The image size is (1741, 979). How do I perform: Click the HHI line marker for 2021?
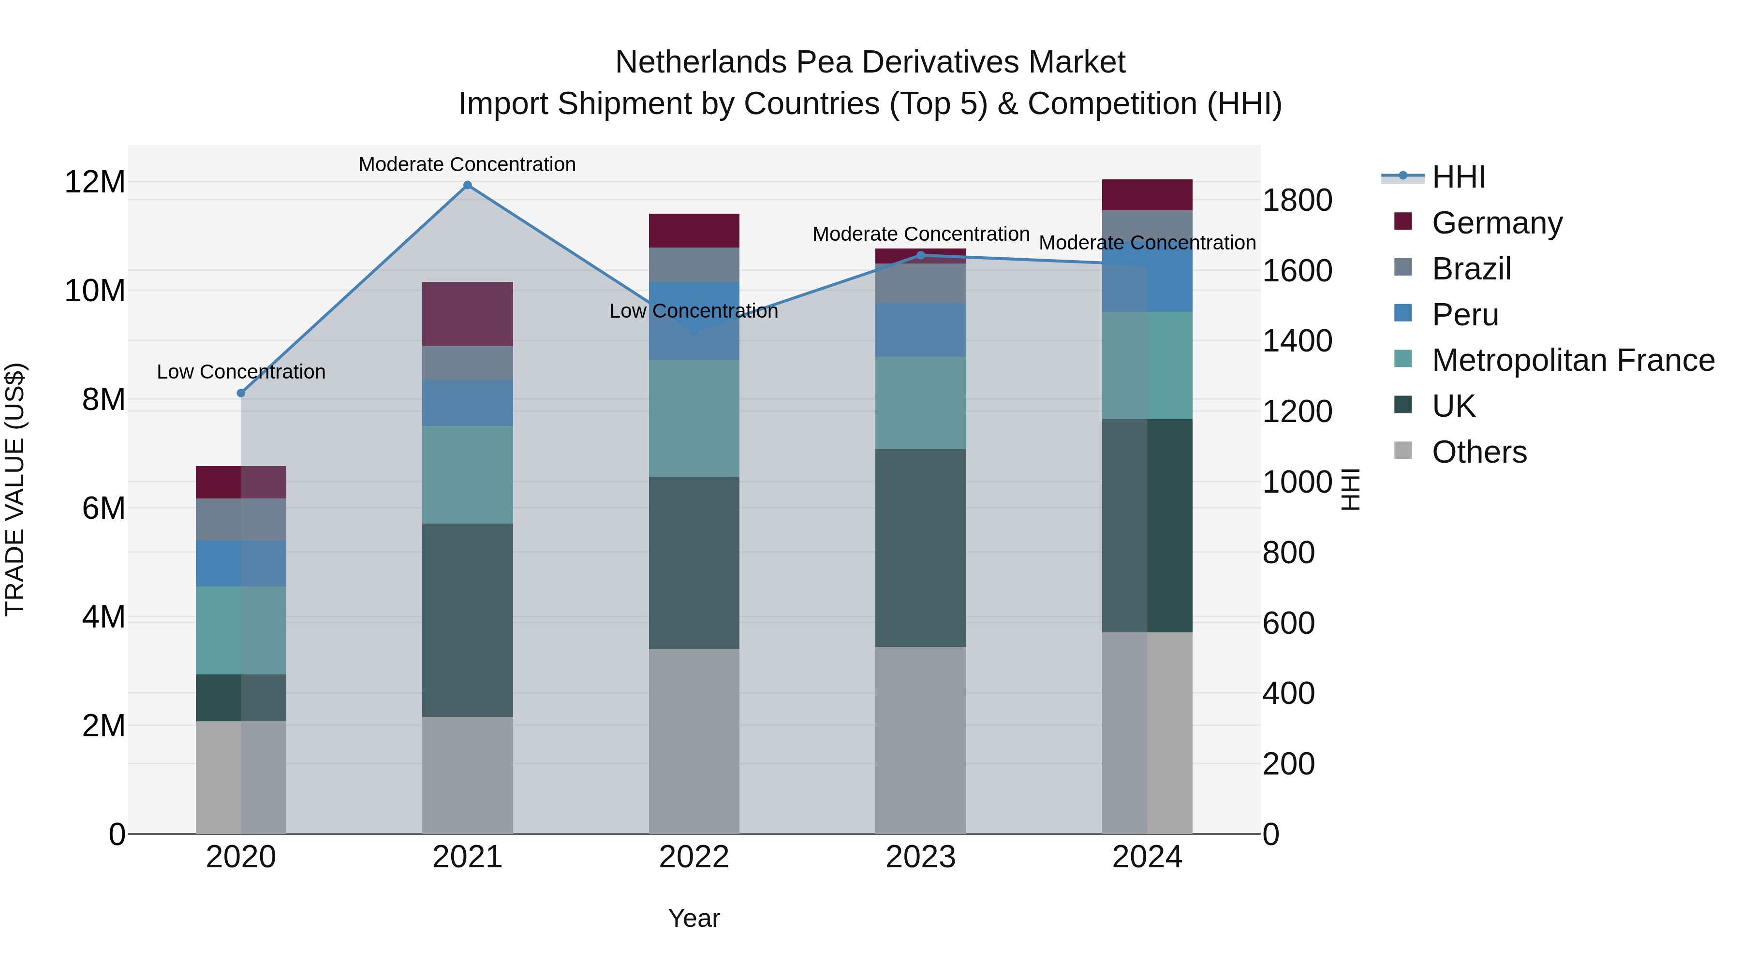coord(467,185)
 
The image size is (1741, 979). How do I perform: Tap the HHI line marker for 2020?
coord(241,393)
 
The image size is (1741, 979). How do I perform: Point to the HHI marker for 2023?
coord(920,255)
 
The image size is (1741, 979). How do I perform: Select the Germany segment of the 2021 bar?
coord(467,314)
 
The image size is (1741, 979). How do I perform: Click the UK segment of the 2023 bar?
coord(920,547)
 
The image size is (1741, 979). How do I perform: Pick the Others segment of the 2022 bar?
coord(693,741)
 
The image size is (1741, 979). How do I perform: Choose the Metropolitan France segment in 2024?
coord(1147,365)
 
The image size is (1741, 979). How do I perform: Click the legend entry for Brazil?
coord(1471,269)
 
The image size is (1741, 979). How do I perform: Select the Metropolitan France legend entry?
coord(1573,360)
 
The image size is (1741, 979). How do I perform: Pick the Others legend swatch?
coord(1403,451)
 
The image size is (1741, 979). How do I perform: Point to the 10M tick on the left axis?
coord(95,291)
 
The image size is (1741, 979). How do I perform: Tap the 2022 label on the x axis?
coord(693,857)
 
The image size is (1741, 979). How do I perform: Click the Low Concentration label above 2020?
coord(241,372)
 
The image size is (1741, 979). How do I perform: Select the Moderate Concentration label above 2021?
coord(467,164)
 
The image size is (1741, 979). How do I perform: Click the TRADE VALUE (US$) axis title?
coord(15,489)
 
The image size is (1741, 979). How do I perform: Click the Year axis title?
coord(693,918)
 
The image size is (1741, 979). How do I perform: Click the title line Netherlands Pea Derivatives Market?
coord(870,62)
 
